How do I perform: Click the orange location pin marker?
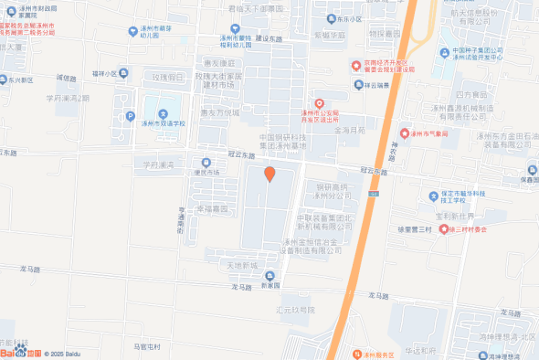tap(269, 174)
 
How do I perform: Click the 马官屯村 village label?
tap(146, 347)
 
